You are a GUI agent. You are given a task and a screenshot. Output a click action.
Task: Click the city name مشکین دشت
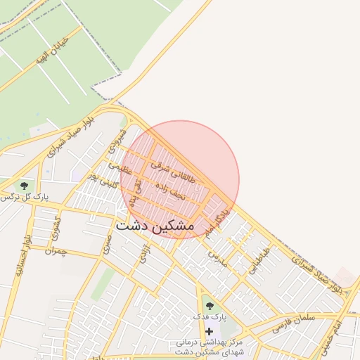154,226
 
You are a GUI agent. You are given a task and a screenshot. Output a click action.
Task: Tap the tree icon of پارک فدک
209,306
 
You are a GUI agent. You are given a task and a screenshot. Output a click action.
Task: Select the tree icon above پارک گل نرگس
25,186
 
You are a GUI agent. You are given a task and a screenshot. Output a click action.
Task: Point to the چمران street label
54,250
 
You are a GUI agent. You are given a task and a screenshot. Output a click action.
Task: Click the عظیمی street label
120,168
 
